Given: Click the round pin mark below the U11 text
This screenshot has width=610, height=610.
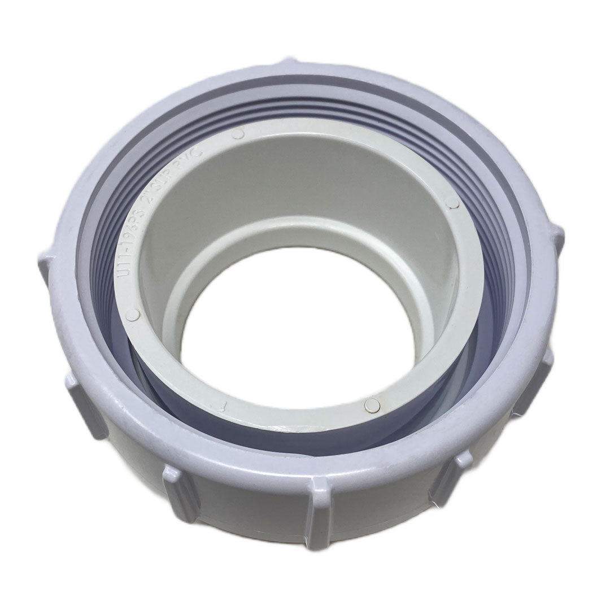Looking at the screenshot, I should pyautogui.click(x=133, y=315).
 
